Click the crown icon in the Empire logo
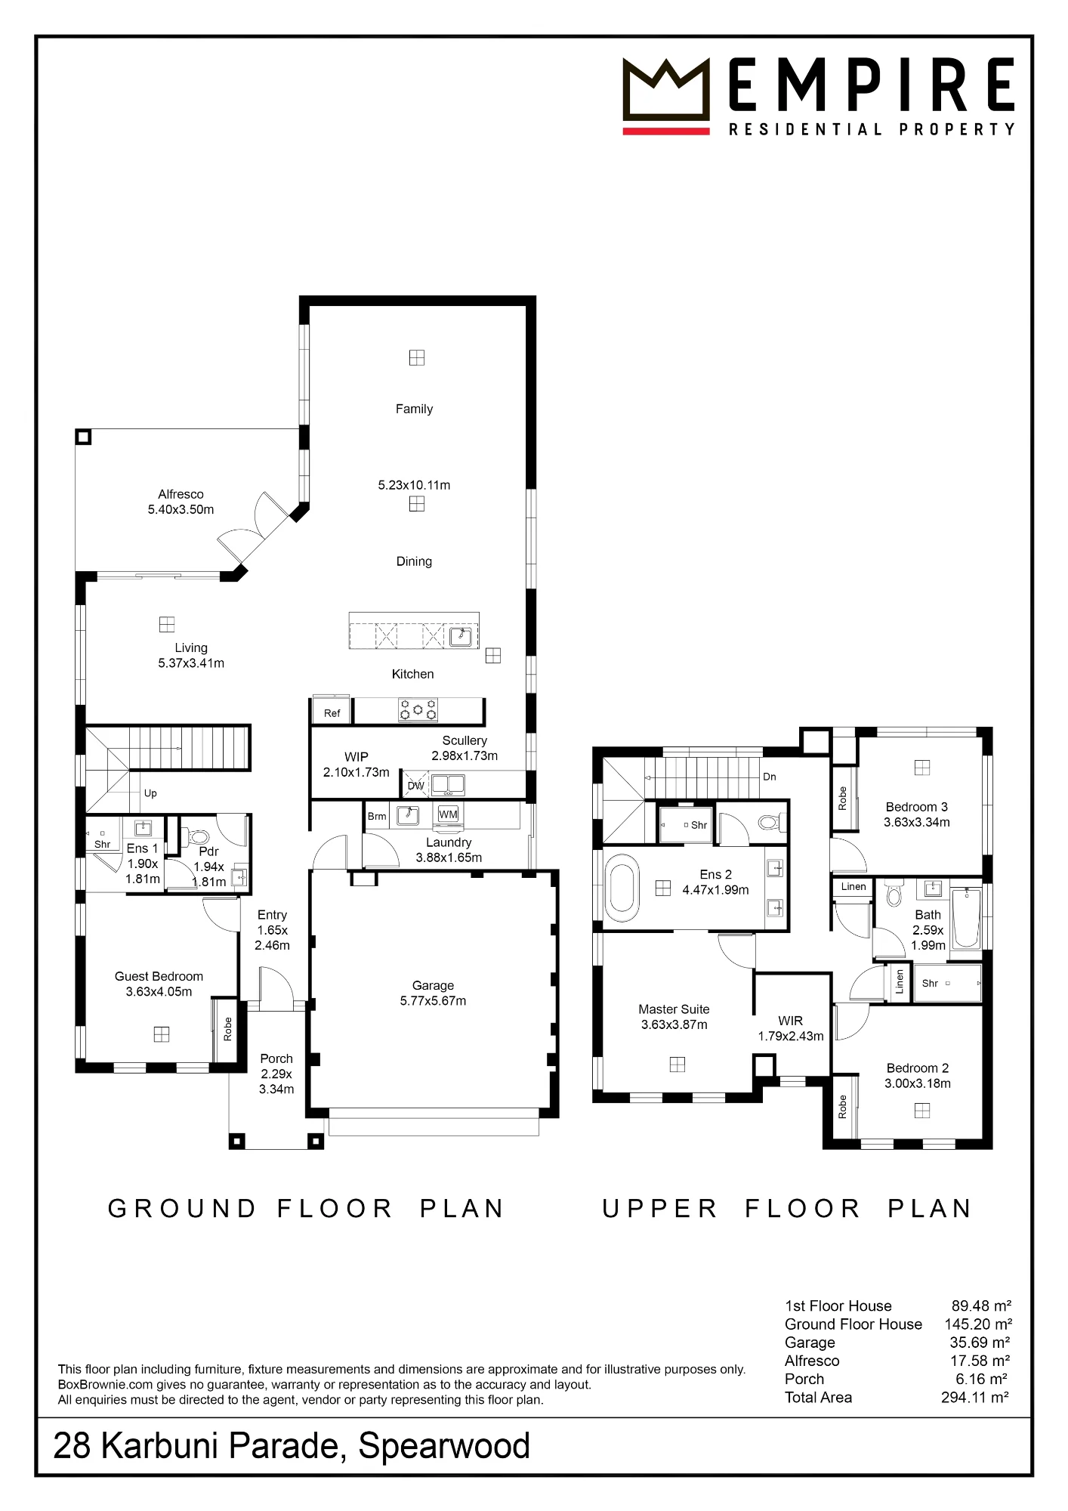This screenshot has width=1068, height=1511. [666, 90]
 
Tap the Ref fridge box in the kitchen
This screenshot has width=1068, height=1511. [332, 712]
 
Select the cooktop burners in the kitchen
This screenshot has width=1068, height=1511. [418, 710]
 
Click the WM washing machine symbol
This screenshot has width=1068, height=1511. [448, 814]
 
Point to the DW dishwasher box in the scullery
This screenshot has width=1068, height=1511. [415, 785]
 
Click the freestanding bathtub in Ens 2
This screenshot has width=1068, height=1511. [623, 888]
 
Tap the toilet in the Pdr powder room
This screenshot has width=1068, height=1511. [198, 836]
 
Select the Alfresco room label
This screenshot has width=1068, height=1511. [181, 494]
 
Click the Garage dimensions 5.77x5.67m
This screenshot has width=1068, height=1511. [433, 1001]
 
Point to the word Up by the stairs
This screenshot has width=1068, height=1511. [150, 793]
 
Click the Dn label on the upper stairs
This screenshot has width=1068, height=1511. [770, 777]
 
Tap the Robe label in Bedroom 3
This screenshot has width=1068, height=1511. [843, 799]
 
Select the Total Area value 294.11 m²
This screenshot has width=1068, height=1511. [975, 1398]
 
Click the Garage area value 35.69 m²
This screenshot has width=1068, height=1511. [980, 1343]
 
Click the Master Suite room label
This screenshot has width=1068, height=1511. [674, 1009]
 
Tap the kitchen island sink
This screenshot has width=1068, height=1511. [461, 637]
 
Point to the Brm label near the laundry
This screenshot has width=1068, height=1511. [377, 816]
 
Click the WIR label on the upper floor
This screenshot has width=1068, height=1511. [791, 1021]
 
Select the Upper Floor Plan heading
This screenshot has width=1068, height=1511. [787, 1209]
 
